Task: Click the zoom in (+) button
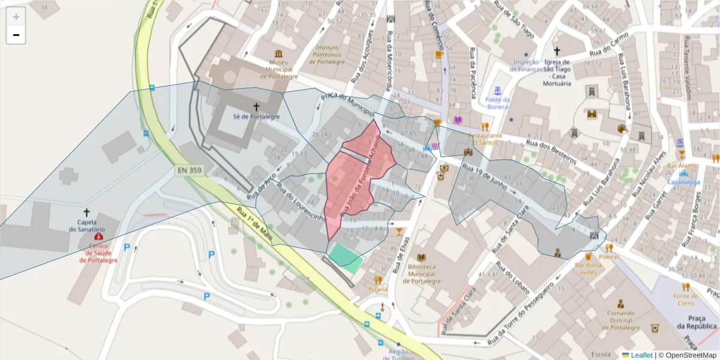coord(16,17)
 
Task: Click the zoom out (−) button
coord(16,35)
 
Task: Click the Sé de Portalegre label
coord(256,117)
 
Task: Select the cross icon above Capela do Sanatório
coord(86,212)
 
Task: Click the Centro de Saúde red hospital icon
coord(98,236)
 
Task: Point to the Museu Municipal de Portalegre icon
coord(278,53)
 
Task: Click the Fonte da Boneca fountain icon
coord(497,90)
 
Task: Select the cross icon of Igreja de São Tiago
coord(557,52)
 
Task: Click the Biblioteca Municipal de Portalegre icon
coord(421,257)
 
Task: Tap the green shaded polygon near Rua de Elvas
coord(346,256)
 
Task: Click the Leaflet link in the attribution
coord(637,355)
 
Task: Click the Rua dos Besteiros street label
coord(551,152)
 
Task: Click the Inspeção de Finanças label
coord(526,65)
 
